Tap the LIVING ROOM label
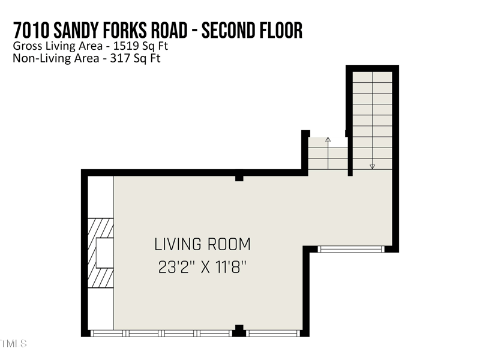(x=202, y=245)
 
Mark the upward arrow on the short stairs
(x=328, y=140)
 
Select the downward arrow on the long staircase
(x=372, y=166)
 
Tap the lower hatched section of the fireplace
(x=101, y=278)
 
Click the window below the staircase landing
(x=350, y=248)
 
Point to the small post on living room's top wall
(x=239, y=178)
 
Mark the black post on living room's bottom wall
(x=239, y=331)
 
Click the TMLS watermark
(x=13, y=344)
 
